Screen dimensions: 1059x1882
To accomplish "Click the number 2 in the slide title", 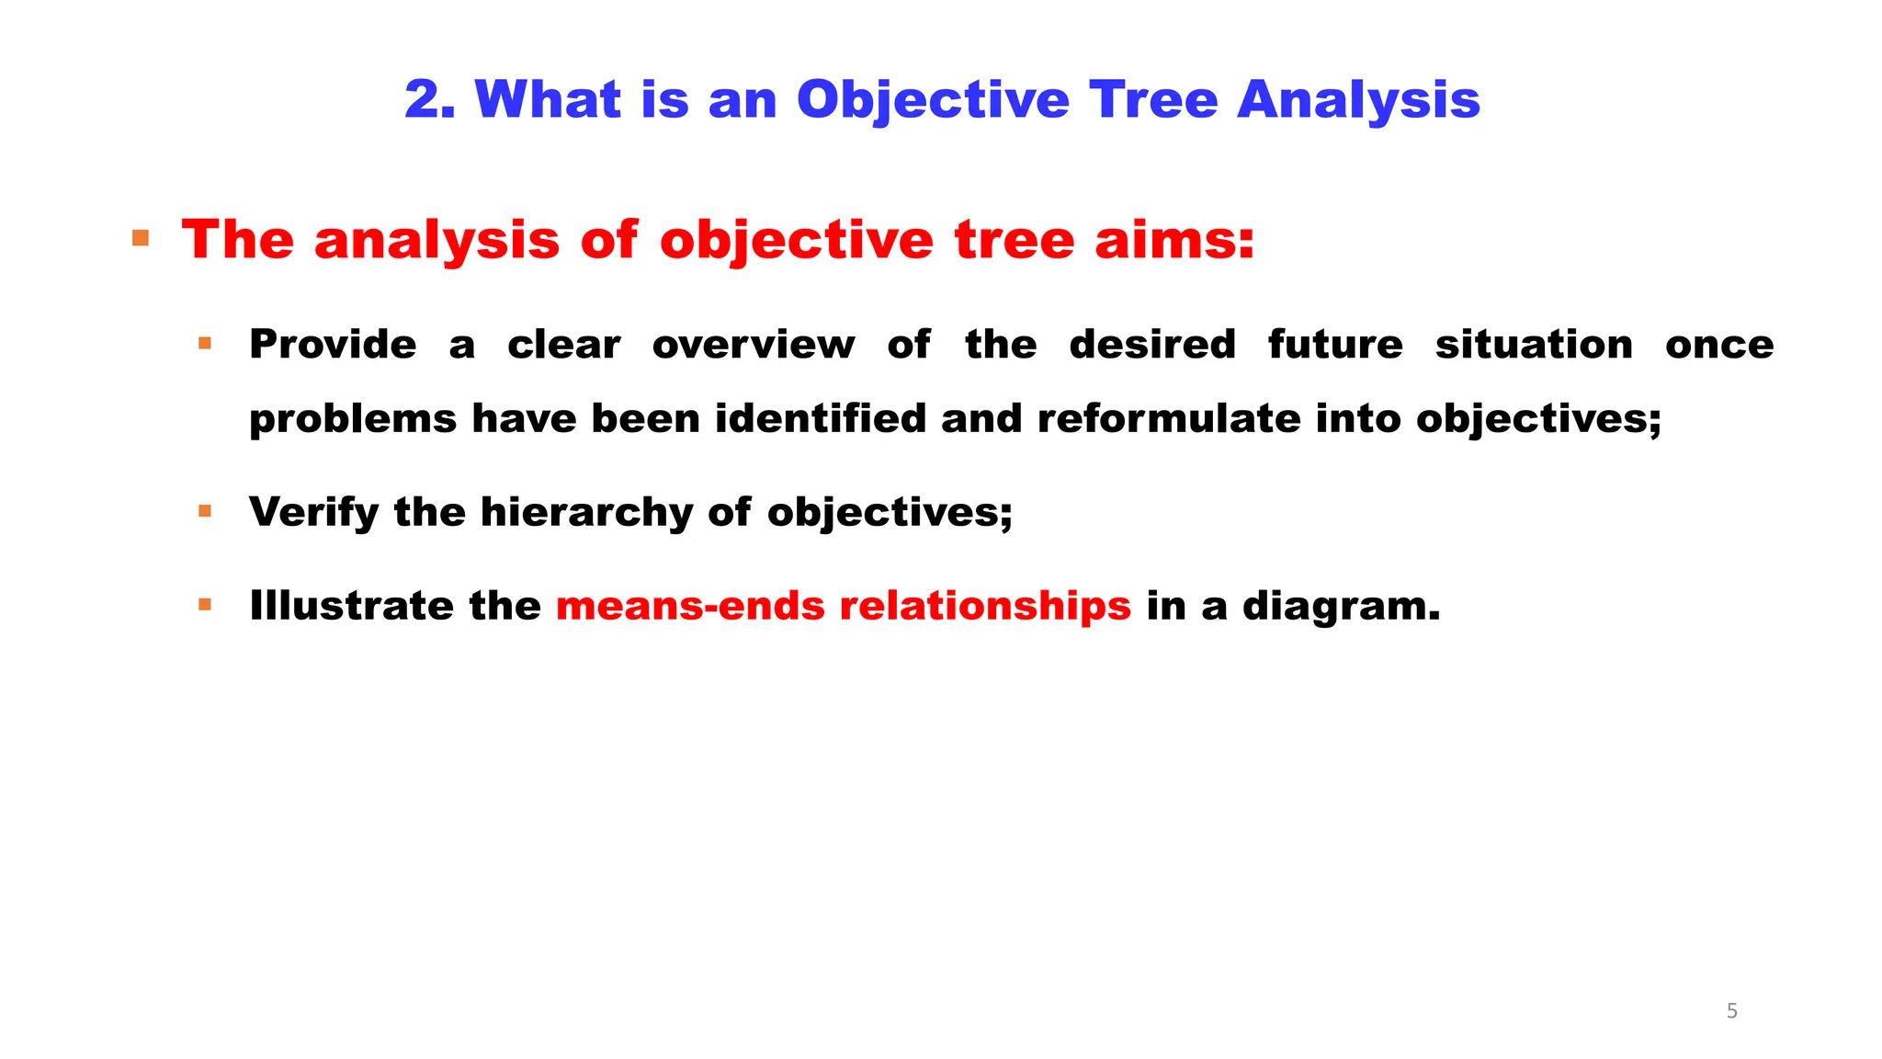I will (428, 99).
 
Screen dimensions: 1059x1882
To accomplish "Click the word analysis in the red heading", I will (436, 242).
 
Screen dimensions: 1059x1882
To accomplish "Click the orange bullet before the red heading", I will (141, 239).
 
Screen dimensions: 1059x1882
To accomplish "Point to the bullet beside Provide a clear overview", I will (205, 344).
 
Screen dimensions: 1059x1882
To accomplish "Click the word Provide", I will (333, 345).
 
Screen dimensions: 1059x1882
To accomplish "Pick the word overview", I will (754, 345).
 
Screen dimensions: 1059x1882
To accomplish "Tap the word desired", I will (1152, 345).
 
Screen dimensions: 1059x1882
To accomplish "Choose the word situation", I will (1534, 345).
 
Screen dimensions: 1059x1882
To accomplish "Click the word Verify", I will (313, 512).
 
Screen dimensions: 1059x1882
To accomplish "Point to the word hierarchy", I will (586, 512).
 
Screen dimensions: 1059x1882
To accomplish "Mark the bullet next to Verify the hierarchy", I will (205, 511).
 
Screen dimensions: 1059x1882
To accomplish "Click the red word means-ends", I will (690, 606).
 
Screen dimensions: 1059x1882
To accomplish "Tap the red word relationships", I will (985, 607).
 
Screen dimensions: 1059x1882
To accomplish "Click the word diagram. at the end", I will (1341, 607).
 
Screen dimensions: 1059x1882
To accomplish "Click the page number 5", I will (1732, 1011).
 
